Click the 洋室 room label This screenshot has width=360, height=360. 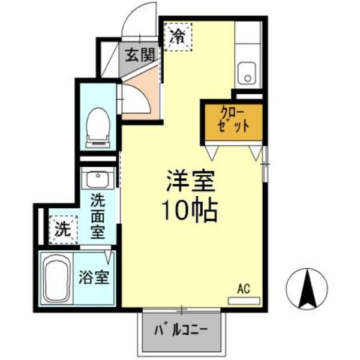click(x=191, y=181)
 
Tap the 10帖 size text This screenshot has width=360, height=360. click(x=190, y=211)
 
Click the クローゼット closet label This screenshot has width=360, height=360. click(x=234, y=121)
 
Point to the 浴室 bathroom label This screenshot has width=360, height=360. click(x=94, y=277)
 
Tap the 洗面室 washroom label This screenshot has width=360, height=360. click(x=98, y=216)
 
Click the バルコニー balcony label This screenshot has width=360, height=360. click(x=181, y=330)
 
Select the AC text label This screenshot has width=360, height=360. click(x=244, y=289)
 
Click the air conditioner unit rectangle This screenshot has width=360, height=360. click(x=244, y=301)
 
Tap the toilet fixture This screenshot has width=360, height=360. click(x=98, y=128)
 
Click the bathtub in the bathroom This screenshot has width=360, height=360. click(x=57, y=278)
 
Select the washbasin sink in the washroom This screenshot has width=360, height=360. click(x=98, y=178)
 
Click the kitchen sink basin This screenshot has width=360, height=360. click(x=247, y=73)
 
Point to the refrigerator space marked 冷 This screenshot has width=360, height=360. click(x=178, y=37)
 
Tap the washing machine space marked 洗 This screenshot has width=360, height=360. click(x=63, y=230)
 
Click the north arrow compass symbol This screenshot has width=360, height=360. click(x=307, y=289)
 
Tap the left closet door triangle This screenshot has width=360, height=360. click(x=212, y=152)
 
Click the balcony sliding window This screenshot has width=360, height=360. click(x=181, y=310)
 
